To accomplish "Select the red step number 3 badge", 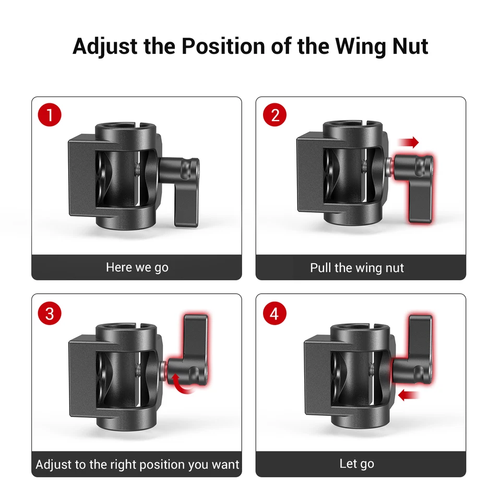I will (x=50, y=313).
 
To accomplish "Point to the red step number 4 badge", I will (x=275, y=313).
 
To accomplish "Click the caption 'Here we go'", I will (x=137, y=267).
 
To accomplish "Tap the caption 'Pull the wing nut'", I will (x=357, y=268).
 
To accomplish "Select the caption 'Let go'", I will (x=357, y=463).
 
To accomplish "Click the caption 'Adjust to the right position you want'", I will (x=137, y=464).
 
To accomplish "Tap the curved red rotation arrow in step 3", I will (x=180, y=381).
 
